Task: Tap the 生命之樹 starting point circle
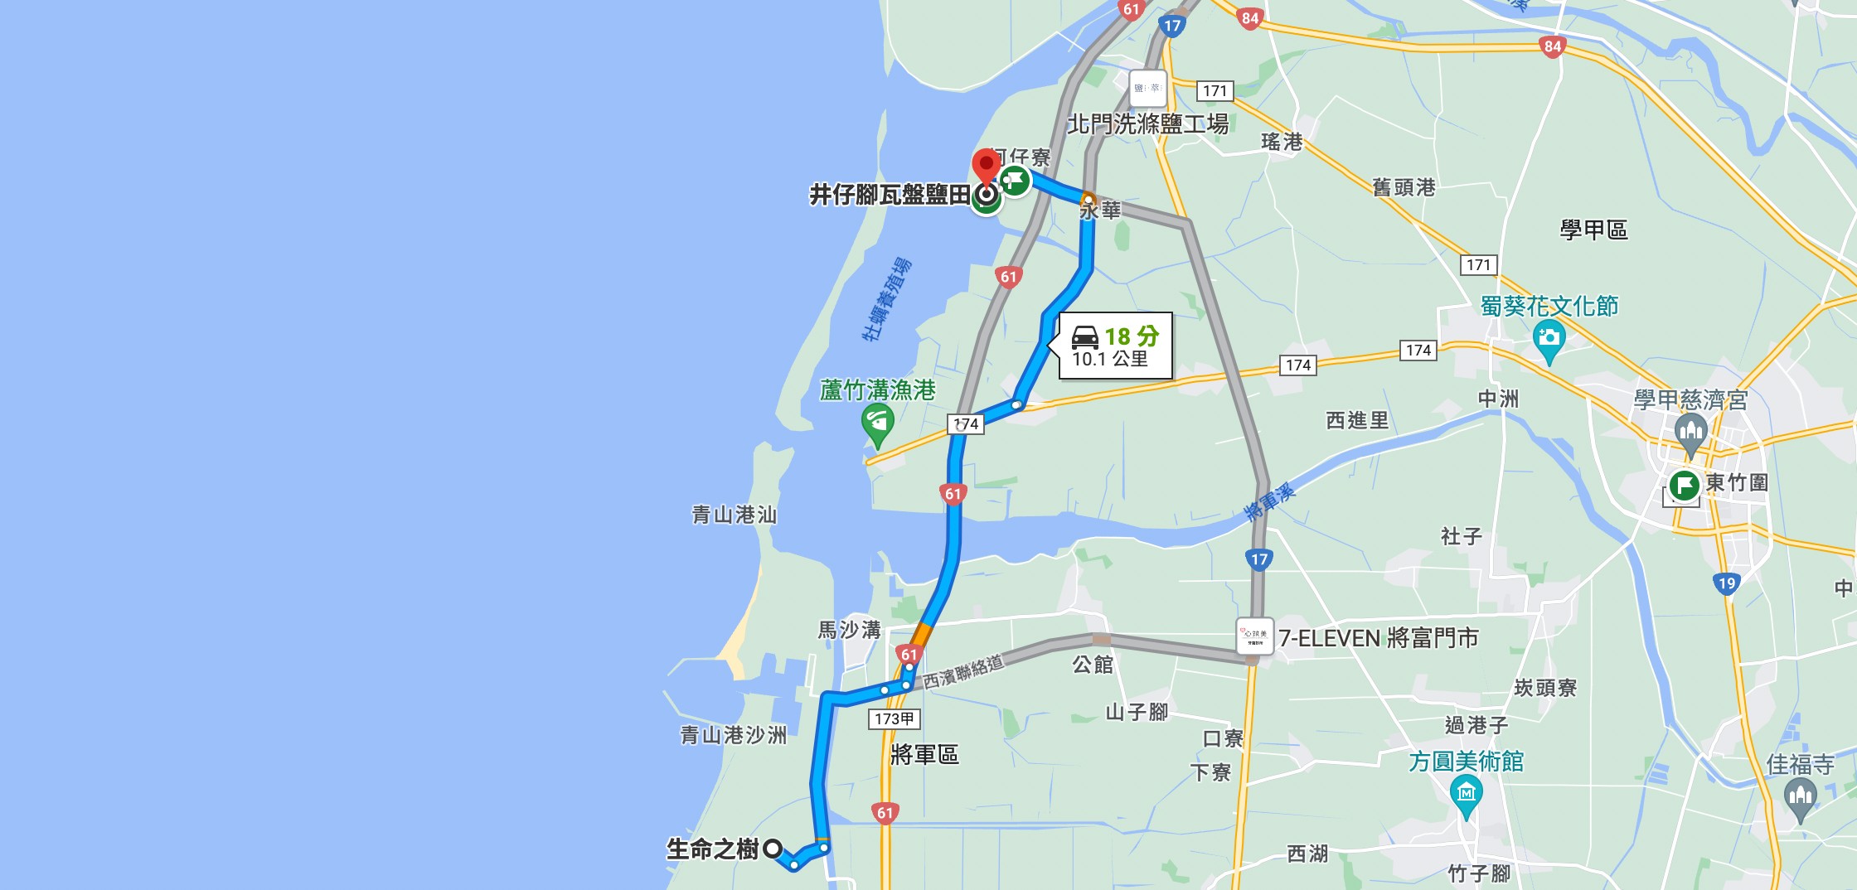[x=773, y=849]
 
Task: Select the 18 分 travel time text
[x=1132, y=336]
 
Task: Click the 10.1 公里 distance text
[x=1109, y=359]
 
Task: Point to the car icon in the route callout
[x=1085, y=336]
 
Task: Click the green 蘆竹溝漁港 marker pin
[x=877, y=424]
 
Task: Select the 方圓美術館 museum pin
[x=1466, y=795]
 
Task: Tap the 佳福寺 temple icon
[x=1799, y=798]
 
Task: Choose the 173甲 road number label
[x=894, y=718]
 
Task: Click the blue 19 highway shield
[x=1727, y=583]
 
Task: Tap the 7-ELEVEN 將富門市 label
[x=1378, y=638]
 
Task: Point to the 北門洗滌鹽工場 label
[x=1147, y=124]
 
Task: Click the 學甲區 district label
[x=1593, y=230]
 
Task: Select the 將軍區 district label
[x=924, y=754]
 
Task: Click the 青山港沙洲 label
[x=733, y=735]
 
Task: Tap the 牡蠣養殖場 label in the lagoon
[x=886, y=299]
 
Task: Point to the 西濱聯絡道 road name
[x=962, y=671]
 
